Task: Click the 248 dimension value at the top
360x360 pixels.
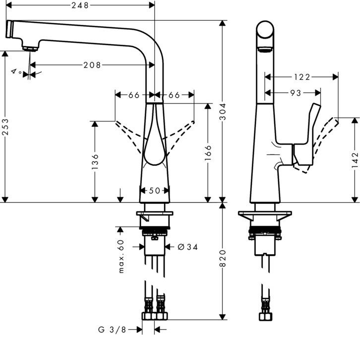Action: coord(80,5)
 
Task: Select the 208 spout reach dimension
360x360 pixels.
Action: coord(92,65)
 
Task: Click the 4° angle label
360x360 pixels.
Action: coord(16,72)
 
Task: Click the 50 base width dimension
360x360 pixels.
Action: coord(154,190)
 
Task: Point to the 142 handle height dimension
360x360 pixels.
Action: coord(356,160)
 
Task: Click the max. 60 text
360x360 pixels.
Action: coord(120,256)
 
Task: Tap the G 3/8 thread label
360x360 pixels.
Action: coord(112,329)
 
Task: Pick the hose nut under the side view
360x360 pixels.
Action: coord(264,316)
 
